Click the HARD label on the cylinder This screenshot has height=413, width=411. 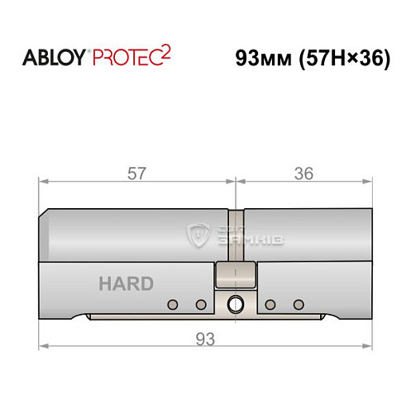tap(126, 284)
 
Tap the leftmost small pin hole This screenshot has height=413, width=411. tap(172, 305)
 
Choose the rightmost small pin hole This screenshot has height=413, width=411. tap(299, 305)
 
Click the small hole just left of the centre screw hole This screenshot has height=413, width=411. tap(200, 305)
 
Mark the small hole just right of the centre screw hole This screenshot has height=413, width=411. tap(270, 305)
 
